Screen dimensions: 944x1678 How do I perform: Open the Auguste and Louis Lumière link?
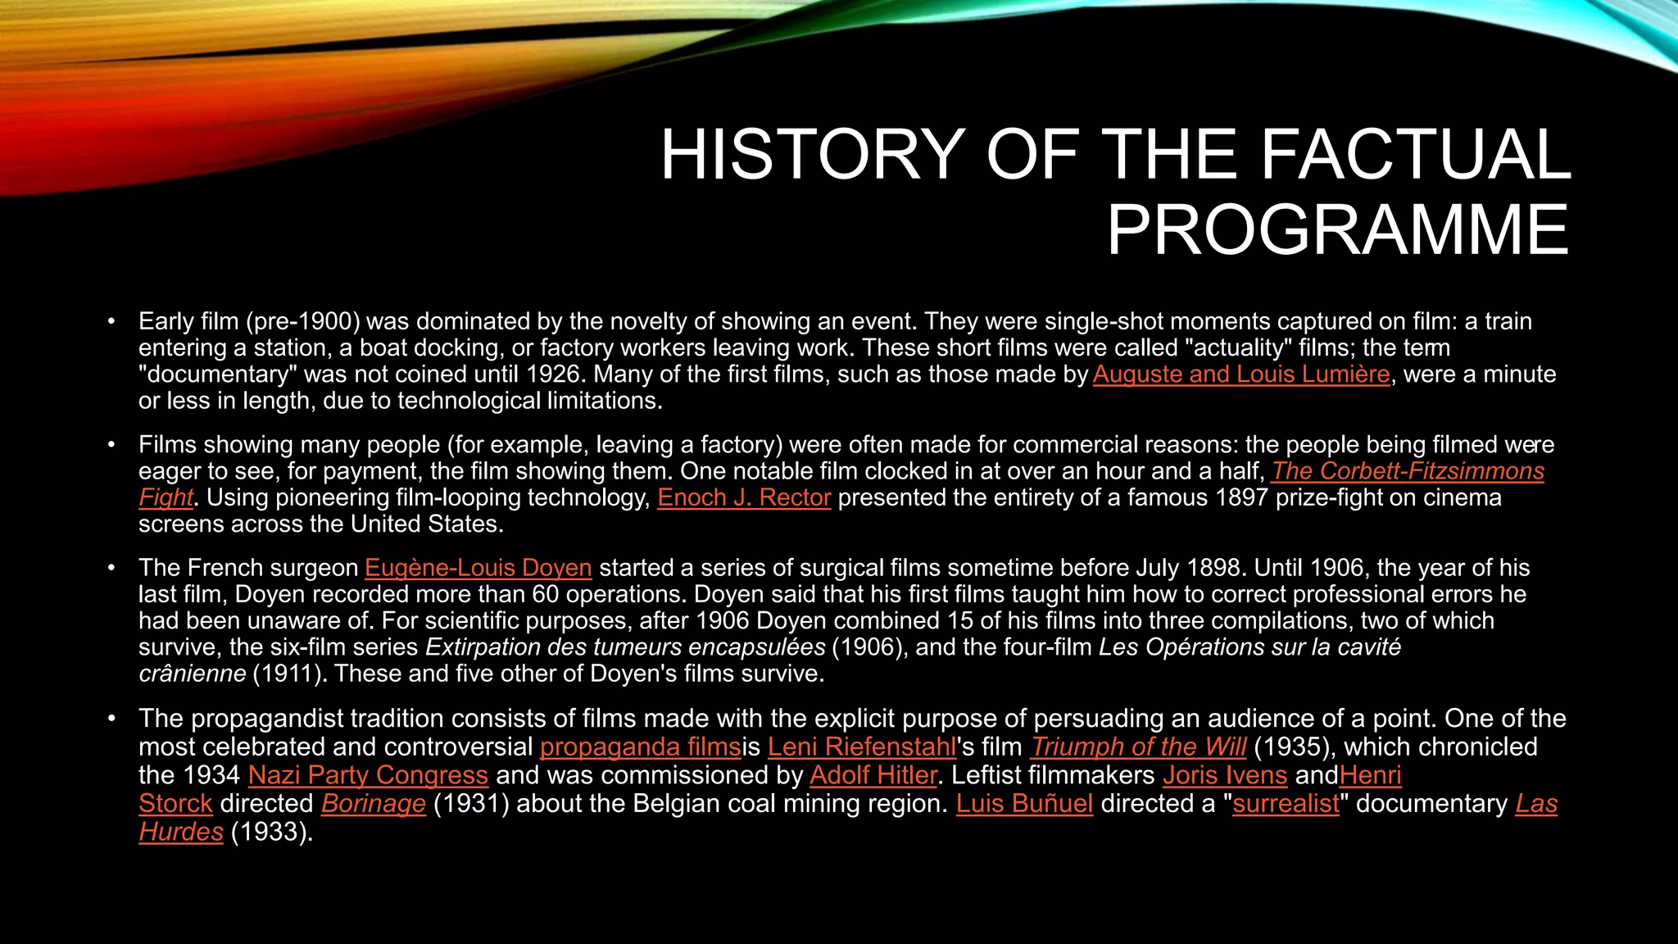point(1241,374)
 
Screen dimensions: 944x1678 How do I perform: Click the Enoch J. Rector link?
point(744,498)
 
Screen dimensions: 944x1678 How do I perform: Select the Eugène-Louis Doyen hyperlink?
point(478,568)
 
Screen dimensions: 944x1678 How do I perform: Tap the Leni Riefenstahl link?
point(862,747)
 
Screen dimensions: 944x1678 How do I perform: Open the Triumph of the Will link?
point(1138,747)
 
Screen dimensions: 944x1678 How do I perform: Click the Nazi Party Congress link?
point(368,775)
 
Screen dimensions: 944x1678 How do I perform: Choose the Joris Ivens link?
point(1225,775)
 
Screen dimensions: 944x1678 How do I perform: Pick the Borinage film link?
point(374,804)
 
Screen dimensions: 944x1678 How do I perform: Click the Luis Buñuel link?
point(1024,804)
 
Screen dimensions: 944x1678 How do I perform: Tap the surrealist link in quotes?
point(1286,804)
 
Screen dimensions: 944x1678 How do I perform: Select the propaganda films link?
point(640,747)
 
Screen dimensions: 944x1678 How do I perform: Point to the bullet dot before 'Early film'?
point(111,321)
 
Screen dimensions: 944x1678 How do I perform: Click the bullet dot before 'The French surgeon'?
point(111,568)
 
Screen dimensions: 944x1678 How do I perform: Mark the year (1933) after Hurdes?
point(272,832)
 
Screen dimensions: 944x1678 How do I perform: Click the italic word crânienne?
point(192,674)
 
